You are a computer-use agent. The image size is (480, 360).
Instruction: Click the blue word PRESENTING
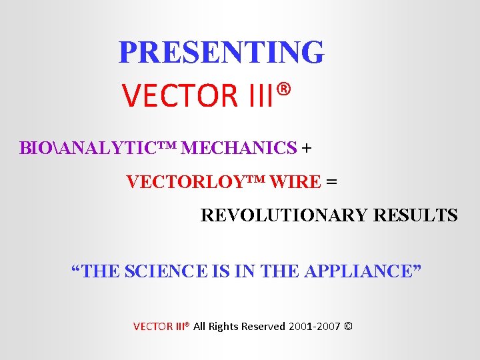(x=221, y=52)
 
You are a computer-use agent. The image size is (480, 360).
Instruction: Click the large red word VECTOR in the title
(x=179, y=96)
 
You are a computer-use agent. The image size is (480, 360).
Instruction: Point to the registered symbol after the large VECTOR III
(x=285, y=89)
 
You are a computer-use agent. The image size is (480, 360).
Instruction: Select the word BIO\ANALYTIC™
(x=98, y=147)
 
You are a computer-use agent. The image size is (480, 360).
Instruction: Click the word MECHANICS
(x=239, y=147)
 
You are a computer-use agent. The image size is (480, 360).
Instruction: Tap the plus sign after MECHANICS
(x=306, y=147)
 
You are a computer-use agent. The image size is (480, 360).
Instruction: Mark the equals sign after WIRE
(x=331, y=181)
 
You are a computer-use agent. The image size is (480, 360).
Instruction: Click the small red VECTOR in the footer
(x=152, y=327)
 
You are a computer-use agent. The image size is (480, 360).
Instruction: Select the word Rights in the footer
(x=225, y=327)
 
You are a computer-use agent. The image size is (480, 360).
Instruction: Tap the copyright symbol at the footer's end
(x=350, y=327)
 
